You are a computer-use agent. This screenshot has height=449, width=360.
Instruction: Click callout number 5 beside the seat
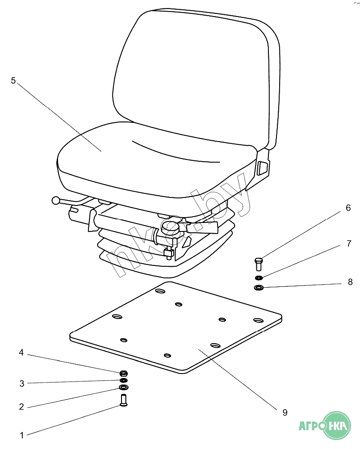point(13,80)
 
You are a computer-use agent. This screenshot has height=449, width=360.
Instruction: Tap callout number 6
point(348,208)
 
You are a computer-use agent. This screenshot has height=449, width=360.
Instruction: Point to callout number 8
point(350,282)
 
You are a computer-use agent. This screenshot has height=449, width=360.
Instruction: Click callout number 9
point(285,412)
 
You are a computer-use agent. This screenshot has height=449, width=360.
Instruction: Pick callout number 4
point(21,353)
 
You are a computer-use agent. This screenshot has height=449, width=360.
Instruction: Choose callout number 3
point(21,383)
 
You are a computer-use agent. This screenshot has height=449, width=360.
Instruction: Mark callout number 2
point(21,407)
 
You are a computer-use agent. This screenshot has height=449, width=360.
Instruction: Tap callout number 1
point(21,434)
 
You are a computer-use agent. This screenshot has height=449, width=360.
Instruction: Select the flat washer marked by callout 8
point(259,287)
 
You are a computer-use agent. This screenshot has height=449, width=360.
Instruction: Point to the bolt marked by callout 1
point(123,399)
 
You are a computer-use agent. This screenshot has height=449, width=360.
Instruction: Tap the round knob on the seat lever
point(56,201)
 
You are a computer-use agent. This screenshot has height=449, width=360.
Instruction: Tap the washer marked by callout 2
point(124,387)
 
